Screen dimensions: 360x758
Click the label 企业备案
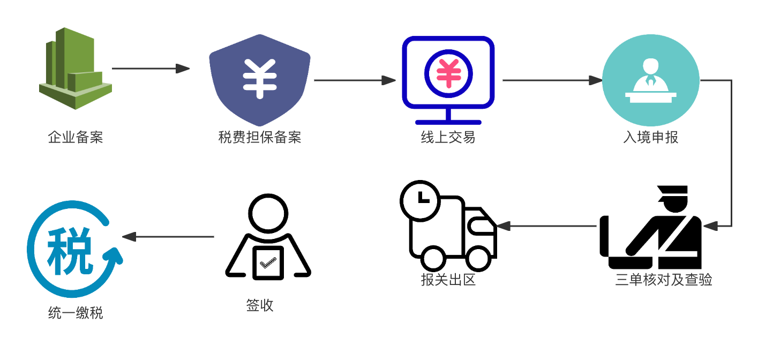[76, 138]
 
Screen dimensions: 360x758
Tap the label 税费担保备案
[260, 138]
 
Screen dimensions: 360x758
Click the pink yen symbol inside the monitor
[448, 73]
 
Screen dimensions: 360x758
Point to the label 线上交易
[448, 138]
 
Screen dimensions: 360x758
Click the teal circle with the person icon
[650, 80]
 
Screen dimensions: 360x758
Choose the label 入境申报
[651, 138]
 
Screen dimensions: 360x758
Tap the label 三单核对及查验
[664, 280]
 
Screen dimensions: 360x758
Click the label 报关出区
[448, 280]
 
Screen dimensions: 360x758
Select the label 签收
[260, 305]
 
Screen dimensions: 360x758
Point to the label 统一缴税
[76, 313]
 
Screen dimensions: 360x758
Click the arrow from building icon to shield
[151, 69]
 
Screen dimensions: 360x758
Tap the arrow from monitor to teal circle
[552, 80]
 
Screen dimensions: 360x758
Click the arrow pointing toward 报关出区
[546, 226]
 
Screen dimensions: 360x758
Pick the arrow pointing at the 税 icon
[168, 237]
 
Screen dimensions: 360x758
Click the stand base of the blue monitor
[448, 122]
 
